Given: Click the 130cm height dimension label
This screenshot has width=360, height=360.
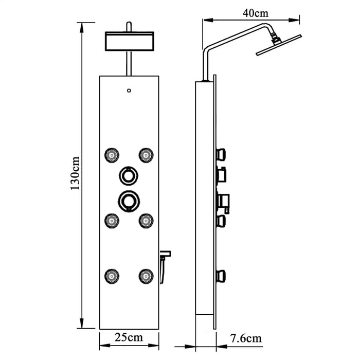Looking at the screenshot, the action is [75, 173].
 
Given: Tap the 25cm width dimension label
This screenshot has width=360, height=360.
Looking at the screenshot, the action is [129, 337].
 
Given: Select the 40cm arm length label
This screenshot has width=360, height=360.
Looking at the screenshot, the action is [256, 13].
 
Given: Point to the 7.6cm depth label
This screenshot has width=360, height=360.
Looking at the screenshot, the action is [246, 338].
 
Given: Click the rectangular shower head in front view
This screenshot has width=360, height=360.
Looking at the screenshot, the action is [130, 41].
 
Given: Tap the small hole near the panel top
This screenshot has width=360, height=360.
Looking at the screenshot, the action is [129, 91].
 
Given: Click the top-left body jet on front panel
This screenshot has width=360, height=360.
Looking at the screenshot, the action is [112, 155].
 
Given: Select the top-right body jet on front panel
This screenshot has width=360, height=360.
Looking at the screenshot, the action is [146, 155].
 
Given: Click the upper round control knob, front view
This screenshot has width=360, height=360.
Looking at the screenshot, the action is [129, 176].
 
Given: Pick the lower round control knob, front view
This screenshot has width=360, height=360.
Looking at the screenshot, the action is [129, 201].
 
